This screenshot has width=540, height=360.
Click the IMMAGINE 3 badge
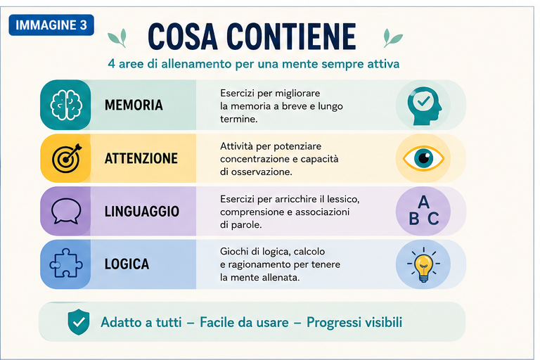[x=51, y=25]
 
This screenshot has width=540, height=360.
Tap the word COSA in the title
[x=183, y=37]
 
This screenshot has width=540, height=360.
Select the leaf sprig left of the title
[x=117, y=38]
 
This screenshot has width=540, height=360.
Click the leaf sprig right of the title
[x=392, y=38]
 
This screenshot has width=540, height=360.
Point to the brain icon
[x=66, y=105]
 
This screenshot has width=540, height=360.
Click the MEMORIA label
[x=134, y=105]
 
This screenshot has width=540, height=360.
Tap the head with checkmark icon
[x=424, y=105]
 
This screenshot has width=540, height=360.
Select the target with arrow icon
[x=67, y=158]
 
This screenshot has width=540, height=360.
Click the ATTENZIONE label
[x=141, y=158]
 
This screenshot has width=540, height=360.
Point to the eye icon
[x=423, y=158]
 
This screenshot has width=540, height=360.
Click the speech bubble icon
[x=66, y=211]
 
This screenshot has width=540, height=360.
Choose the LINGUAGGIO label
[x=142, y=212]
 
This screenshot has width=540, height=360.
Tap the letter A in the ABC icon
[x=423, y=202]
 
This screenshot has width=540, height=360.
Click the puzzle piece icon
[x=66, y=263]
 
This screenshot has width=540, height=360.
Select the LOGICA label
[x=127, y=264]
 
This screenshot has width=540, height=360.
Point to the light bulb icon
[x=423, y=264]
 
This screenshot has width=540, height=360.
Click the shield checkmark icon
[x=79, y=322]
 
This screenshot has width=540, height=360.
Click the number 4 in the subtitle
[x=111, y=64]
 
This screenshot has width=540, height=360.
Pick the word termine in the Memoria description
[x=238, y=120]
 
